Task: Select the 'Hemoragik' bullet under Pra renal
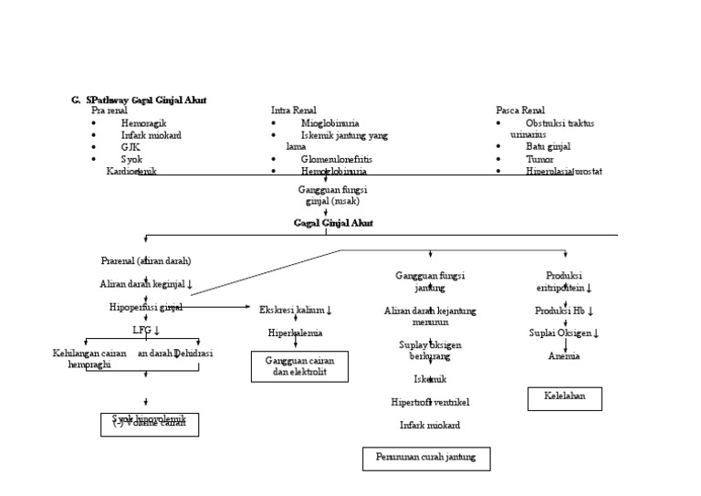coord(143,122)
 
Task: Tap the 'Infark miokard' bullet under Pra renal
coord(151,135)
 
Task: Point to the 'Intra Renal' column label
coord(295,111)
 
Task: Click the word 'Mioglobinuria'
coord(330,122)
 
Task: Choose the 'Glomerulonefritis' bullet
coord(336,159)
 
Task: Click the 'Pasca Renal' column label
coord(520,111)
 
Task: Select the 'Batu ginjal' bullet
coord(548,146)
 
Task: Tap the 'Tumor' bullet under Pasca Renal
coord(539,159)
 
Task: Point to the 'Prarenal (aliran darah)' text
coord(146,260)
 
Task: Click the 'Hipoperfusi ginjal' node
coord(145,308)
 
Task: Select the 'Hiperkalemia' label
coord(295,333)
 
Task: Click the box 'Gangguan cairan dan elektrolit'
coord(299,367)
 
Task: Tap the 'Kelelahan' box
coord(564,398)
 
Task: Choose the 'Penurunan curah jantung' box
coord(425,458)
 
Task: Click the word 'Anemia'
coord(564,356)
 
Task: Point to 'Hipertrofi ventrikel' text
coord(430,402)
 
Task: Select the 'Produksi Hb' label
coord(564,311)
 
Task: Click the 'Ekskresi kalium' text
coord(296,311)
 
